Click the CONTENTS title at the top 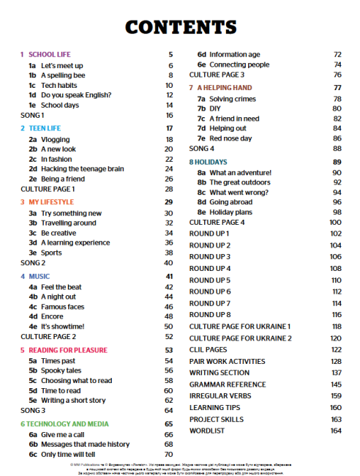pyautogui.click(x=180, y=27)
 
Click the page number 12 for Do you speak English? pyautogui.click(x=169, y=95)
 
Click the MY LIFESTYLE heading pyautogui.click(x=51, y=201)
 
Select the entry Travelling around pyautogui.click(x=68, y=223)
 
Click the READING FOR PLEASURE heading pyautogui.click(x=67, y=350)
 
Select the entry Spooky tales pyautogui.click(x=61, y=371)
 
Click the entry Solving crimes pyautogui.click(x=233, y=98)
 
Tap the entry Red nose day pyautogui.click(x=230, y=138)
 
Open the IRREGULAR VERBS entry pyautogui.click(x=220, y=395)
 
